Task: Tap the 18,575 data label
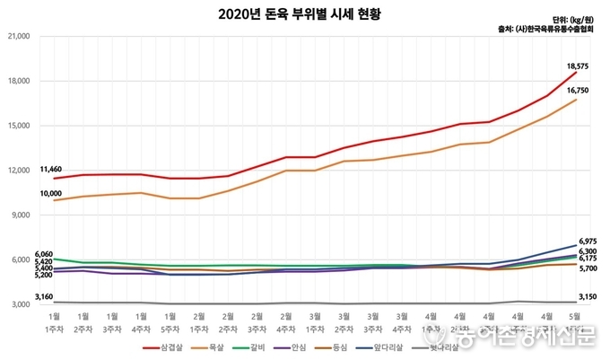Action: click(579, 66)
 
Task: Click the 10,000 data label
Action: click(52, 193)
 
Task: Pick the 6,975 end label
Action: click(588, 241)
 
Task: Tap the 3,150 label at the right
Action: click(588, 297)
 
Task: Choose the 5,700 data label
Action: click(588, 268)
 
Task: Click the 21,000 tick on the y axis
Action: click(19, 36)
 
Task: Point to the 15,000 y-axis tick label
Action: click(19, 126)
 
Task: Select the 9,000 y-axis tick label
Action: click(21, 215)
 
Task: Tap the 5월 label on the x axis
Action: click(575, 316)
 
